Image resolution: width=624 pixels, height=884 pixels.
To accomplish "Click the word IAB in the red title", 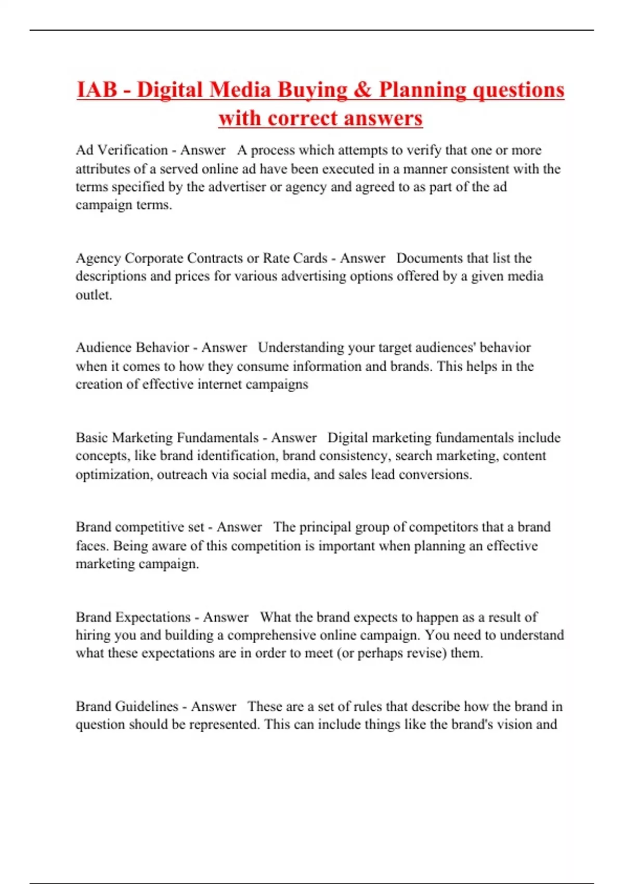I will point(97,90).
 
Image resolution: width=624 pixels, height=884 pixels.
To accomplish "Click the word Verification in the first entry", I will point(133,150).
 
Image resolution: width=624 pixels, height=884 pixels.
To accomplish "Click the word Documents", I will point(430,258).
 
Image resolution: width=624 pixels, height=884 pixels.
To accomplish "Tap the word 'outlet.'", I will point(94,295).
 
